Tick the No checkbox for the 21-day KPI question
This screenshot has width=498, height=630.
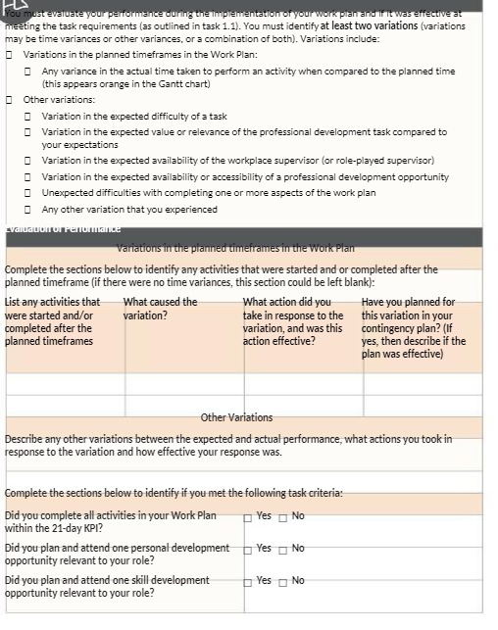coord(283,515)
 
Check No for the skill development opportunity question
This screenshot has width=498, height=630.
coord(283,581)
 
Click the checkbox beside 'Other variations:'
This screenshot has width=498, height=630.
coord(10,100)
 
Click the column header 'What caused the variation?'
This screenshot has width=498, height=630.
coord(160,309)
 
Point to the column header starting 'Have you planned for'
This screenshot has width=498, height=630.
coord(408,302)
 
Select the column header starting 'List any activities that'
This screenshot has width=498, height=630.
coord(52,302)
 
